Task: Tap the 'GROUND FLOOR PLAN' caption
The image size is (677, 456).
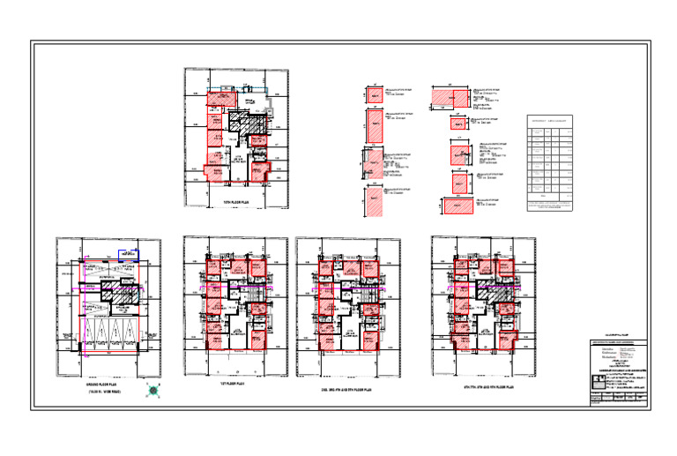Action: (108, 386)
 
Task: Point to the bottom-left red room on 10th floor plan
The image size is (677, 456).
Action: (215, 170)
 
